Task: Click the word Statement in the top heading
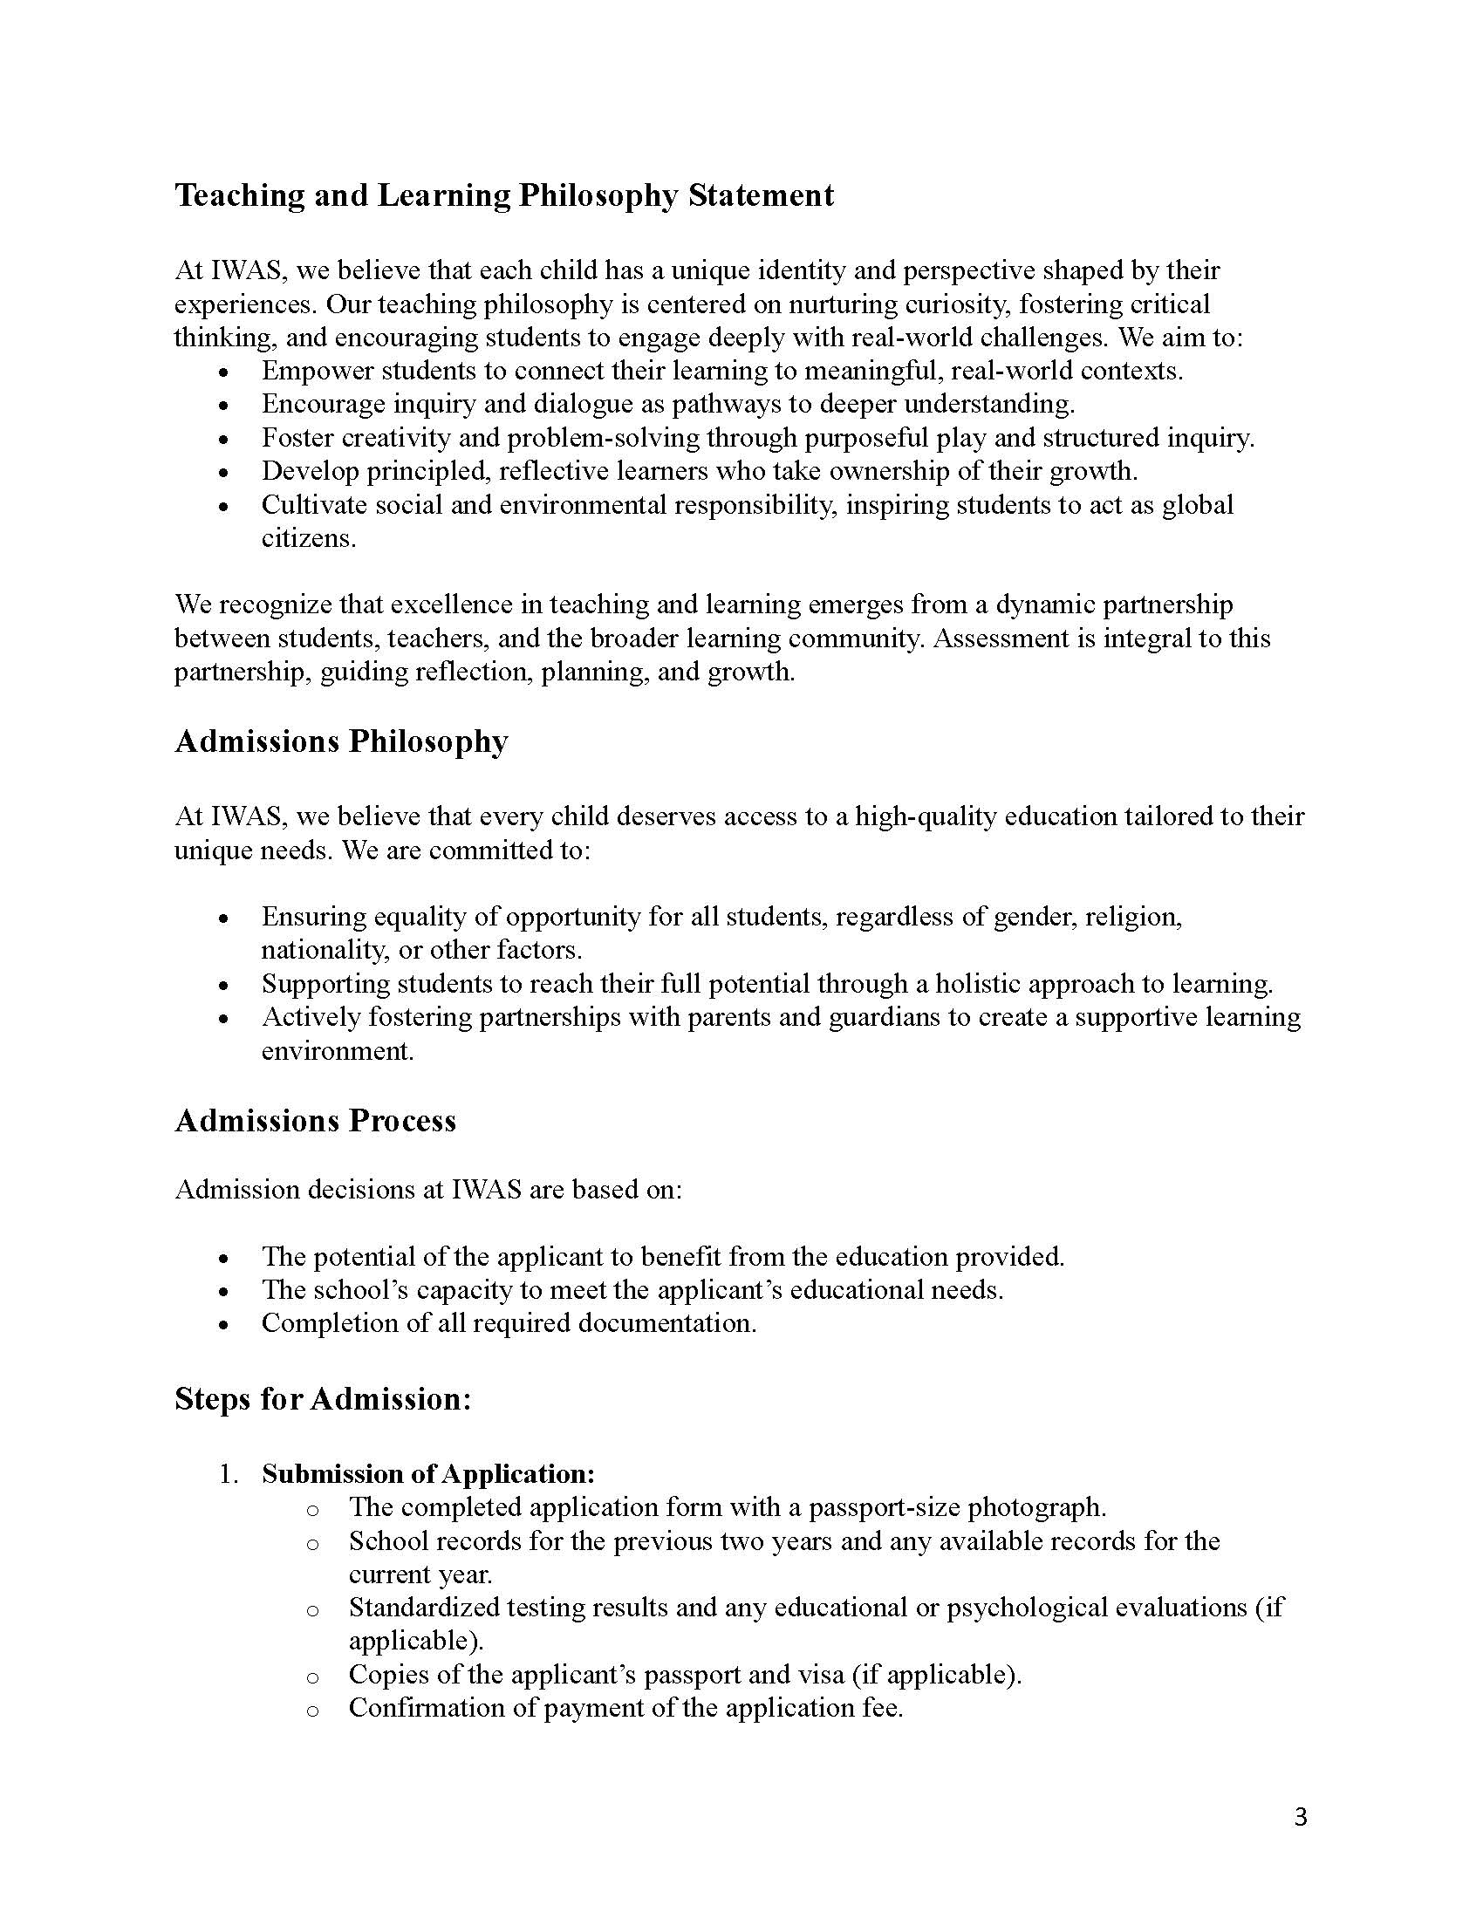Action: pyautogui.click(x=760, y=195)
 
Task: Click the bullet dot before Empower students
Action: pyautogui.click(x=224, y=372)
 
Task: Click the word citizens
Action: pyautogui.click(x=307, y=537)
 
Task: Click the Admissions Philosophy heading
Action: pyautogui.click(x=341, y=741)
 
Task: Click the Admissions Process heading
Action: pyautogui.click(x=316, y=1121)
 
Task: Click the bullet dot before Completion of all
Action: pyautogui.click(x=224, y=1325)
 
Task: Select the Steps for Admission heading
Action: pyautogui.click(x=324, y=1398)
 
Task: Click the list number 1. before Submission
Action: pyautogui.click(x=229, y=1473)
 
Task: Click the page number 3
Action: pyautogui.click(x=1302, y=1817)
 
